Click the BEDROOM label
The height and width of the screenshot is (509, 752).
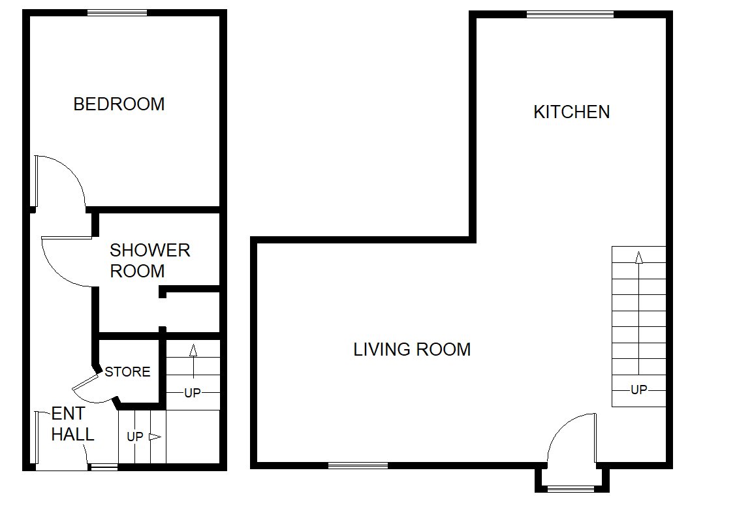[119, 104]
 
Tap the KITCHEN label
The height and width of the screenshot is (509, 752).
[572, 112]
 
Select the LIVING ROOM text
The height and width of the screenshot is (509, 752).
[412, 349]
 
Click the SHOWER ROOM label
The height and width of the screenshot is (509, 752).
[150, 260]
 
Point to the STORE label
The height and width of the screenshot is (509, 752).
[127, 372]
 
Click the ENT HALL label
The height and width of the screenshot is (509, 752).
[72, 424]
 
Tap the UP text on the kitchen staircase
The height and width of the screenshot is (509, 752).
[639, 390]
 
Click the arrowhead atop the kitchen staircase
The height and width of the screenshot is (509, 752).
[639, 257]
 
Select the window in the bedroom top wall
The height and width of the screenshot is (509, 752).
[117, 13]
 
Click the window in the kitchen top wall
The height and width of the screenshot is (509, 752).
[571, 14]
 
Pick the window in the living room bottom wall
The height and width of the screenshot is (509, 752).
[358, 465]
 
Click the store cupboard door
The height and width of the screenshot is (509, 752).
[86, 382]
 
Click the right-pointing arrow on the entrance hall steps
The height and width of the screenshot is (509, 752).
[155, 437]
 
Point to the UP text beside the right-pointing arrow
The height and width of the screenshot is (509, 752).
[134, 437]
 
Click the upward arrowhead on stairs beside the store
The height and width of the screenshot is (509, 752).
[193, 350]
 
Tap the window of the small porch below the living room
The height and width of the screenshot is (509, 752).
[571, 489]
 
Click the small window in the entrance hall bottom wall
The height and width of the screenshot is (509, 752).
[104, 467]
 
